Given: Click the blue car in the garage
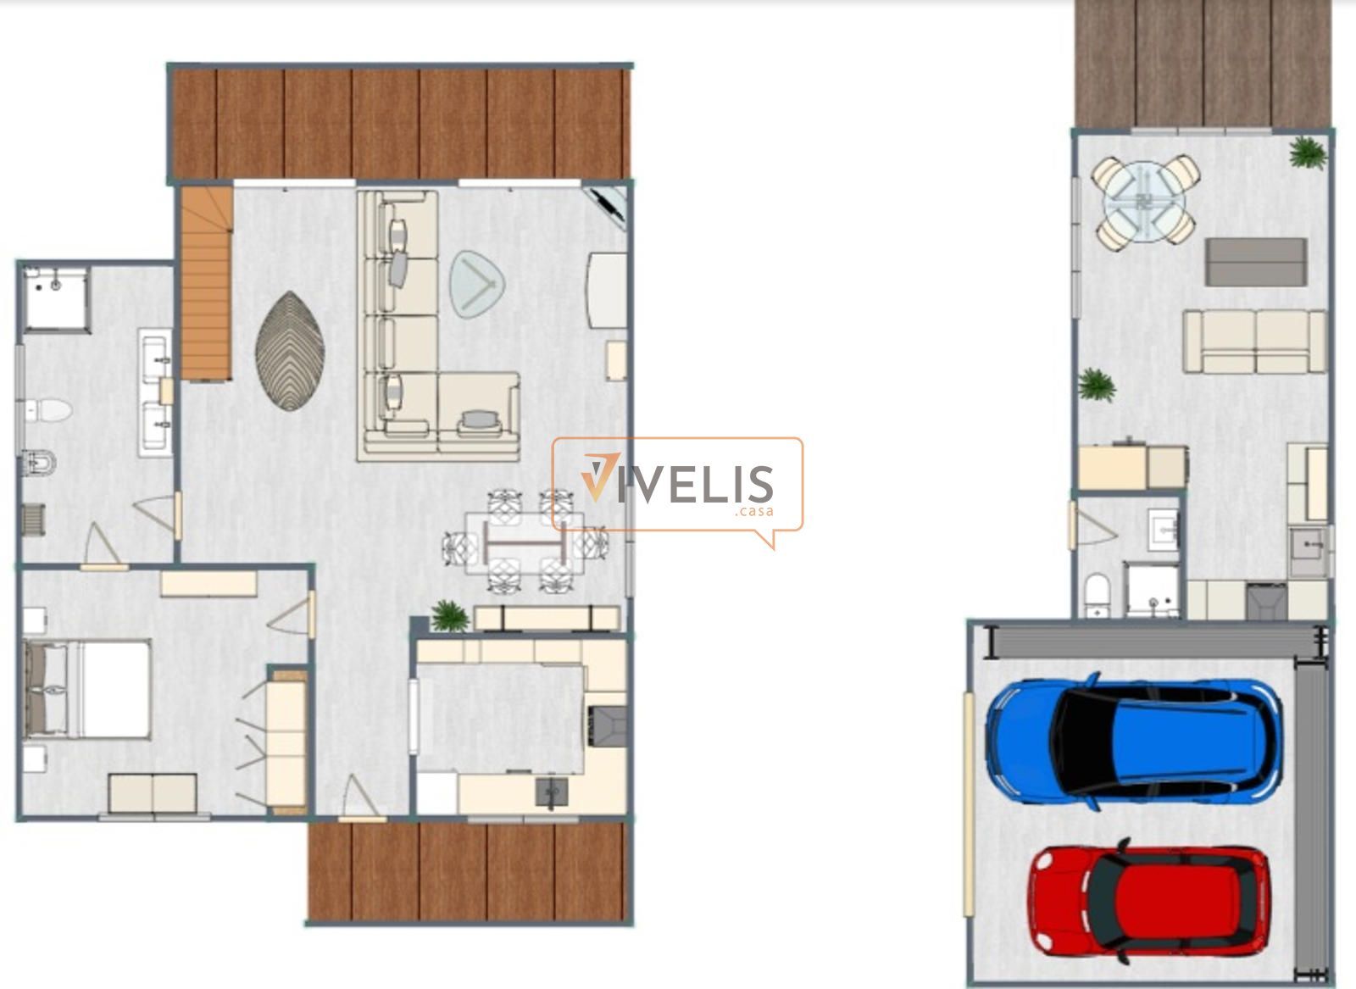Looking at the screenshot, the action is tap(1133, 742).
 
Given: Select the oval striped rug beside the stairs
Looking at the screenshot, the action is tap(290, 351).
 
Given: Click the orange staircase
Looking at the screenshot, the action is tap(207, 283).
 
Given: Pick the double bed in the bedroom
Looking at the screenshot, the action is tap(86, 689).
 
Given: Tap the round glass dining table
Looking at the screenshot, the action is tap(1145, 203).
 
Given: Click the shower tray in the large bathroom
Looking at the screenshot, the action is tap(57, 300).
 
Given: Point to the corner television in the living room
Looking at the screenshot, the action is tap(607, 207).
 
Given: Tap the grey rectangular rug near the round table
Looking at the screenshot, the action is tap(1255, 262).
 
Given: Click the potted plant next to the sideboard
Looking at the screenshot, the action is tap(449, 616).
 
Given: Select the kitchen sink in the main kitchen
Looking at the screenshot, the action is tap(551, 791).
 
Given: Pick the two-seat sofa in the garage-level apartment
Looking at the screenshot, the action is tap(1254, 342).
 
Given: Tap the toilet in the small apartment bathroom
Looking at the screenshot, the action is tap(1097, 596).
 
